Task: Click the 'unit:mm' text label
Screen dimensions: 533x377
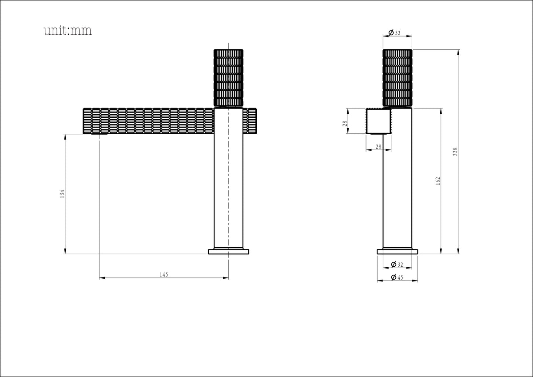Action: click(68, 31)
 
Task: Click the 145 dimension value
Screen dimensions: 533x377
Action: click(164, 275)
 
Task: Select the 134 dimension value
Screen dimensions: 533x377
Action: click(62, 194)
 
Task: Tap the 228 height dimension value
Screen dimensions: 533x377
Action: click(455, 152)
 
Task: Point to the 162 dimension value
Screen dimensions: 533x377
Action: click(438, 181)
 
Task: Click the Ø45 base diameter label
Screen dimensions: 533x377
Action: click(397, 277)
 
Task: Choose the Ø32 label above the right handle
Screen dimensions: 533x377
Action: click(394, 32)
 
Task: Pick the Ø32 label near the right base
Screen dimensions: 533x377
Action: click(397, 265)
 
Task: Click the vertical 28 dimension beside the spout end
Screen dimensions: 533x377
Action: click(345, 123)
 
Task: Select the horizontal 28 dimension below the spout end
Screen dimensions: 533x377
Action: click(378, 147)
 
